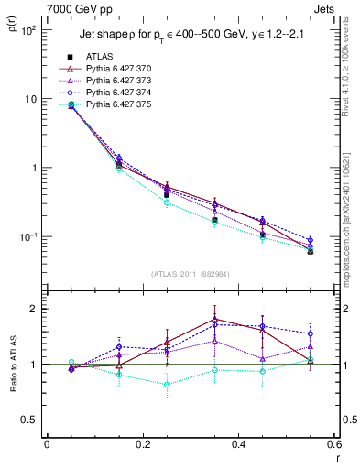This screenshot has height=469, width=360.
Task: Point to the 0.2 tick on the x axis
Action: coord(142,445)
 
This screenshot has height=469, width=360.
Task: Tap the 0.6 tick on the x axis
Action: coord(333,445)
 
